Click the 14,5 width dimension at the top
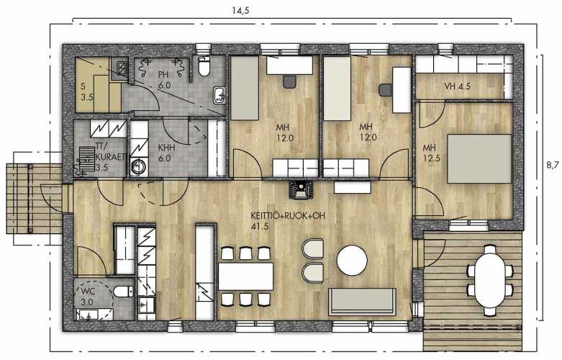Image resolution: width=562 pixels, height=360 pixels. [240, 10]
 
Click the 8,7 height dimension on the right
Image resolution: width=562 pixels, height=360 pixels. [553, 165]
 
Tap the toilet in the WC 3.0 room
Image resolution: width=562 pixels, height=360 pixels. [122, 291]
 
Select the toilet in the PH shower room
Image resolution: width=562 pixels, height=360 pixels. [204, 66]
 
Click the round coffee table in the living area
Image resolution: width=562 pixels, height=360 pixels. [352, 261]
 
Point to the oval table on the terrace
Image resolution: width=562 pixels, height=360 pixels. [490, 280]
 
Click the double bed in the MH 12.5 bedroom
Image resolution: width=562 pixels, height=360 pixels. [479, 158]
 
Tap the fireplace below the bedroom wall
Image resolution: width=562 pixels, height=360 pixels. [300, 189]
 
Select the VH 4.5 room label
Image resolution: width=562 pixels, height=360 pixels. [458, 86]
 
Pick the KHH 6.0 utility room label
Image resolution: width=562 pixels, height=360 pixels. [166, 153]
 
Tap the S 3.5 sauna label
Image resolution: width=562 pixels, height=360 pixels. [86, 91]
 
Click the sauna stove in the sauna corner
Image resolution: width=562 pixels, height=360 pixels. [122, 68]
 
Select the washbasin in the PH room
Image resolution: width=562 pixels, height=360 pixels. [219, 95]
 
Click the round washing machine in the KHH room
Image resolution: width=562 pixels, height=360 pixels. [137, 167]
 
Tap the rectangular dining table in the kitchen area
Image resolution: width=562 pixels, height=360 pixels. [246, 276]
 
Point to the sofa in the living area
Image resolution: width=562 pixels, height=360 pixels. [363, 302]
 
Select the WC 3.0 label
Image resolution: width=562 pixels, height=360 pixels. [87, 297]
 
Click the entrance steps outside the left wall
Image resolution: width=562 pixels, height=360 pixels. [34, 199]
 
